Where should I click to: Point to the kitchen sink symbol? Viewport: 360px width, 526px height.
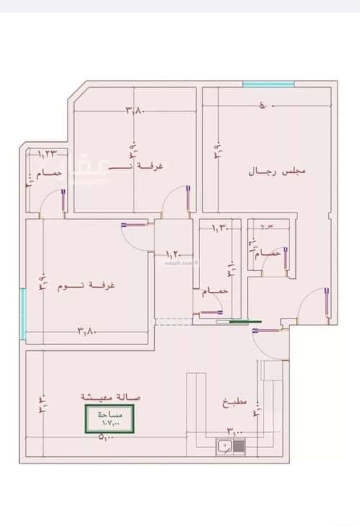tap(230, 446)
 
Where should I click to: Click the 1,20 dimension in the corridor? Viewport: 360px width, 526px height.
tap(174, 254)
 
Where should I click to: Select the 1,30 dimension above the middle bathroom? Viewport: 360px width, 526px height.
tap(220, 228)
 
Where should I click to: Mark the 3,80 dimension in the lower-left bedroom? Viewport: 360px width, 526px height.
tap(86, 331)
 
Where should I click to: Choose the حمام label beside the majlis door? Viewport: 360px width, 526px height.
tap(266, 254)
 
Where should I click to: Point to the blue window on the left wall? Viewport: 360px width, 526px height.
tap(24, 313)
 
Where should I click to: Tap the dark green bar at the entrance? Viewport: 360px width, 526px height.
tap(240, 322)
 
